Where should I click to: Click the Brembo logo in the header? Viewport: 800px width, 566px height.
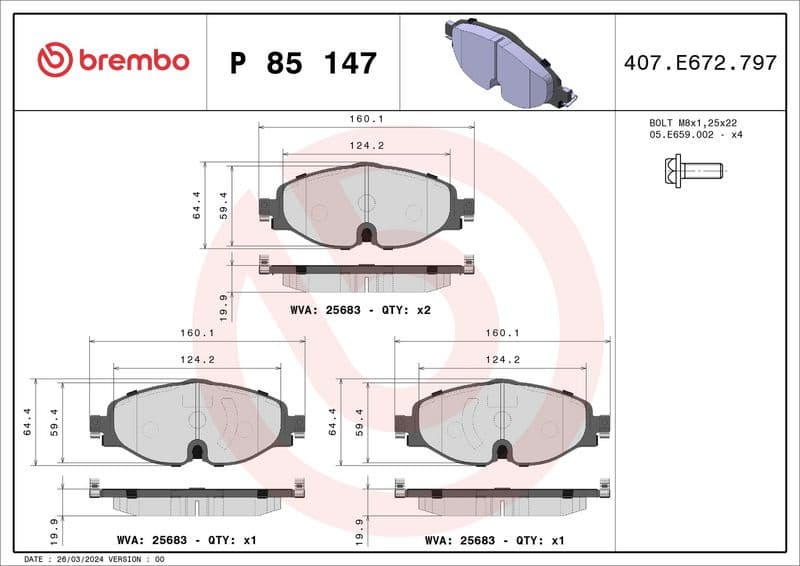point(112,60)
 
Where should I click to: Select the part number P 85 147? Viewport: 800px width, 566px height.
point(303,63)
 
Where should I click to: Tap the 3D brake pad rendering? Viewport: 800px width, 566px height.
point(505,62)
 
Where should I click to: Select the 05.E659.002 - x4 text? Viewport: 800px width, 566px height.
point(696,135)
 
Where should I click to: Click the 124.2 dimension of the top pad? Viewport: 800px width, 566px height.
point(366,146)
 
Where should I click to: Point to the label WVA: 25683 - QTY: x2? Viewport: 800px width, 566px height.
point(360,310)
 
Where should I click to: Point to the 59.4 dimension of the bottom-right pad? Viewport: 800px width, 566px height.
point(358,422)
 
